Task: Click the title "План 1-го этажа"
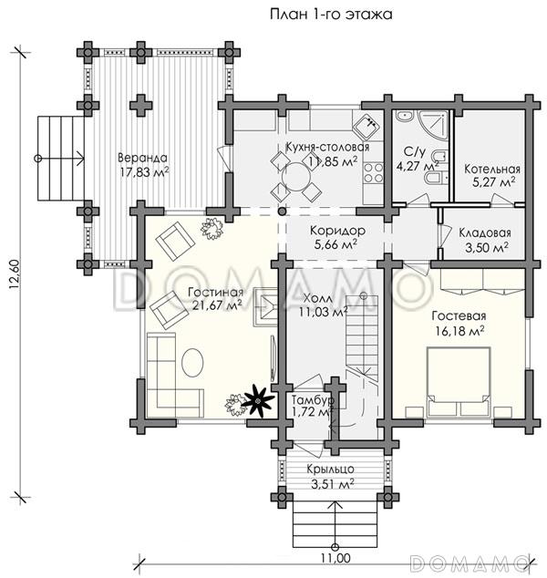pos(331,15)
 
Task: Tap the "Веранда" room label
pos(142,158)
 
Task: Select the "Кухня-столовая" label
pos(327,147)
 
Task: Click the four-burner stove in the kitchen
pos(374,173)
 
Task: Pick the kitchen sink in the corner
pos(368,125)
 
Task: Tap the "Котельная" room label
pos(492,170)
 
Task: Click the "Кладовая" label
pos(485,233)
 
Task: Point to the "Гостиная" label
pos(216,293)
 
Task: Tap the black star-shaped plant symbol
pos(258,400)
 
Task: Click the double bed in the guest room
pos(459,382)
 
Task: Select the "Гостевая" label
pos(459,316)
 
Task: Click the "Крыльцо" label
pos(331,470)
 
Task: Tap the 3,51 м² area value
pos(333,483)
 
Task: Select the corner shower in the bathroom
pos(433,125)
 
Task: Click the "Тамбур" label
pos(313,400)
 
